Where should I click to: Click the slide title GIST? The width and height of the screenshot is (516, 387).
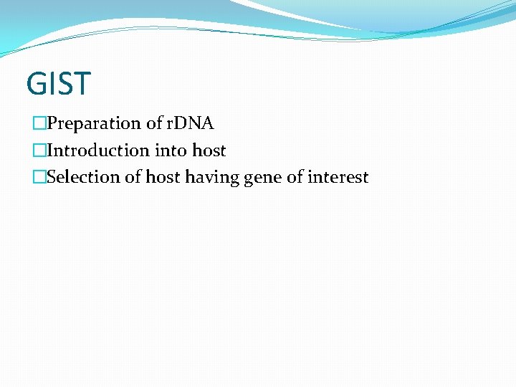tap(59, 83)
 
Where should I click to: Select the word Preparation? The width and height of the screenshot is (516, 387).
tap(94, 124)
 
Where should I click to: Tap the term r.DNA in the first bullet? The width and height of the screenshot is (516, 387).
tap(190, 123)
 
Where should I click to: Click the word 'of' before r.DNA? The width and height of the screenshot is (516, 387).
tap(155, 123)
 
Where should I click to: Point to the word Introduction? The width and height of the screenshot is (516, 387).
tap(97, 150)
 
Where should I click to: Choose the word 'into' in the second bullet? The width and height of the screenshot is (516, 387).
tap(171, 150)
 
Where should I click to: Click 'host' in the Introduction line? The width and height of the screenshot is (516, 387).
tap(209, 150)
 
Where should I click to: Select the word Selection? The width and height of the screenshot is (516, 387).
tap(83, 177)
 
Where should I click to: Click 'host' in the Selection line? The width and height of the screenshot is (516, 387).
tap(163, 177)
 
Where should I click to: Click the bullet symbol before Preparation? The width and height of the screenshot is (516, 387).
tap(39, 124)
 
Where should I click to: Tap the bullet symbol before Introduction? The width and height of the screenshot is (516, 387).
tap(39, 150)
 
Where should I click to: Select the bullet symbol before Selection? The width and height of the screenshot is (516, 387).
tap(39, 177)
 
